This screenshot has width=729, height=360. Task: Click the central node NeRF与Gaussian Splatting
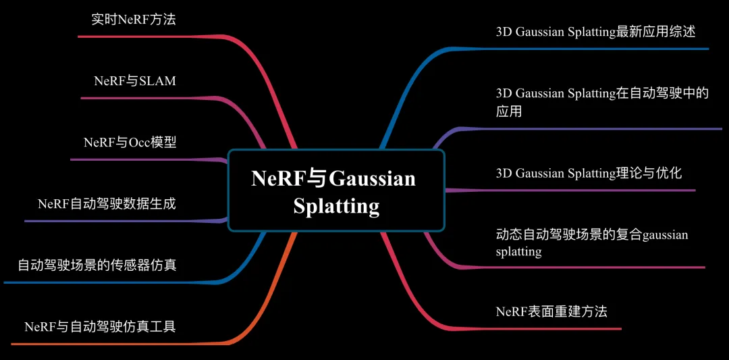(x=335, y=191)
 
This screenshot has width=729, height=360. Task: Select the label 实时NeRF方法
(x=133, y=20)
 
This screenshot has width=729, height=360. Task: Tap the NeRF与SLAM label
(x=135, y=81)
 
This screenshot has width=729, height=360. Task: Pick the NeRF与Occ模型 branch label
(x=130, y=143)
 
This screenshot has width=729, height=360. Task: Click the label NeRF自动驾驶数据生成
(x=107, y=204)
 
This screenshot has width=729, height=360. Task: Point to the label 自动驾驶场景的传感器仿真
(x=97, y=265)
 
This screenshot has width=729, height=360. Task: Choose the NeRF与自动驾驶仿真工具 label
(x=100, y=327)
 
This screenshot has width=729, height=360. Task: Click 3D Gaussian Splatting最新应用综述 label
(x=595, y=32)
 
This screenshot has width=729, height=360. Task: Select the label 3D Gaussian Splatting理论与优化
(x=589, y=174)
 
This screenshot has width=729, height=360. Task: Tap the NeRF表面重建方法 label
(x=551, y=311)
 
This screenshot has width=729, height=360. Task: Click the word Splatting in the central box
(x=336, y=205)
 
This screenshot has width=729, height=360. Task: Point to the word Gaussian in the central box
(x=373, y=179)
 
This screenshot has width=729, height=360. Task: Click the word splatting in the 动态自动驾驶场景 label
(x=518, y=252)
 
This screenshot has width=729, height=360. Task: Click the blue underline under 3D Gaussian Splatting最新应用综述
(x=594, y=49)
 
